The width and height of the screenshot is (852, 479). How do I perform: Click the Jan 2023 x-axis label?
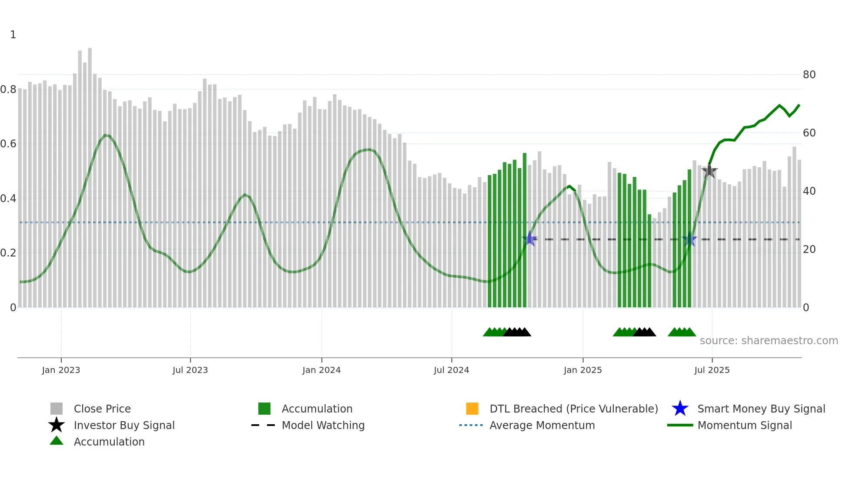tap(61, 370)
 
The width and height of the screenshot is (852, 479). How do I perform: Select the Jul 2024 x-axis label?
tap(451, 370)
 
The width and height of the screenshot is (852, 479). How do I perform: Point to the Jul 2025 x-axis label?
tap(712, 370)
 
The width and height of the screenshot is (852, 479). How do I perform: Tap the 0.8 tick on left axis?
tap(8, 90)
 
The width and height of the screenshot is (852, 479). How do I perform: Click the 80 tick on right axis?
tap(809, 75)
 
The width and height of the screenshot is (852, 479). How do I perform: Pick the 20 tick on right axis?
tap(809, 249)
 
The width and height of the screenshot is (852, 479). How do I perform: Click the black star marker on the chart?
tap(709, 171)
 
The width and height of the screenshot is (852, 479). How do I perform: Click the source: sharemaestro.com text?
tap(769, 341)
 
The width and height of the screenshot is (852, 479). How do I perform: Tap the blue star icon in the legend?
tap(680, 409)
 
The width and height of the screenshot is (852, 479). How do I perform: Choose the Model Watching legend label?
tap(323, 425)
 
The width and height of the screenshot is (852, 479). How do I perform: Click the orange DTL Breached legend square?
tap(472, 409)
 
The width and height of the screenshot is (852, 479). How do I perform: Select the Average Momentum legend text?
tap(542, 425)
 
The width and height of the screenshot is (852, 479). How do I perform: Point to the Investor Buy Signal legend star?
tap(57, 425)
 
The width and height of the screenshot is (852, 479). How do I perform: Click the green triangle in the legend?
tap(57, 441)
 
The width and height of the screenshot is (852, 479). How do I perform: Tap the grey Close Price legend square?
tap(57, 409)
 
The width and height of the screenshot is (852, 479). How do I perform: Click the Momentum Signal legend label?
tap(745, 425)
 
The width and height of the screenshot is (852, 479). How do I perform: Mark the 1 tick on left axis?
tap(13, 35)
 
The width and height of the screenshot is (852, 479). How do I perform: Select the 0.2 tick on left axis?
tap(8, 253)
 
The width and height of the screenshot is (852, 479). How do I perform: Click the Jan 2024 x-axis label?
tap(321, 370)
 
